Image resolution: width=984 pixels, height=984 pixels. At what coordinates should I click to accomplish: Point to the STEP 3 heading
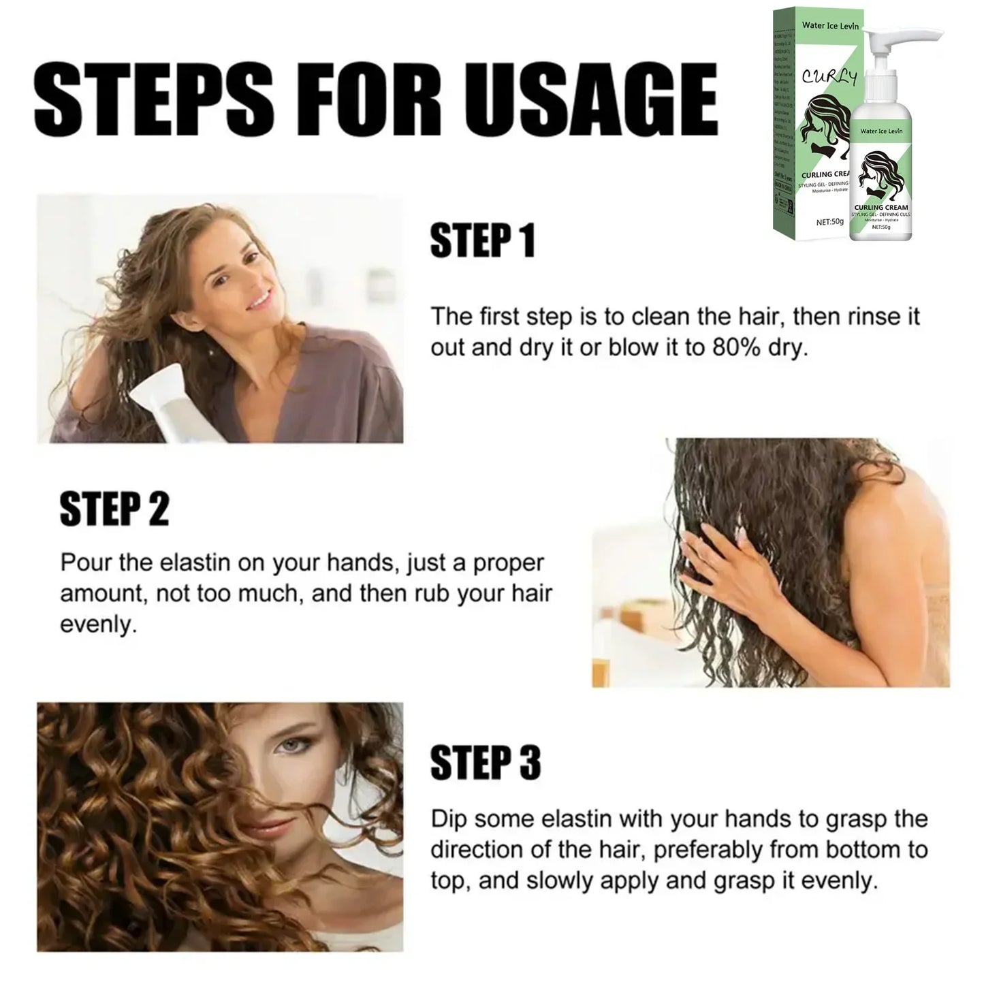[x=486, y=763]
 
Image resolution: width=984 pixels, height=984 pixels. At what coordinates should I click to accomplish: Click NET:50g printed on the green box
[x=830, y=222]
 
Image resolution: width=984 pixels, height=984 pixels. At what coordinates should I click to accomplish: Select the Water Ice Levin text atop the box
[x=830, y=26]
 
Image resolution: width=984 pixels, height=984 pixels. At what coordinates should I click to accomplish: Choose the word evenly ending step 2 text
[x=95, y=625]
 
